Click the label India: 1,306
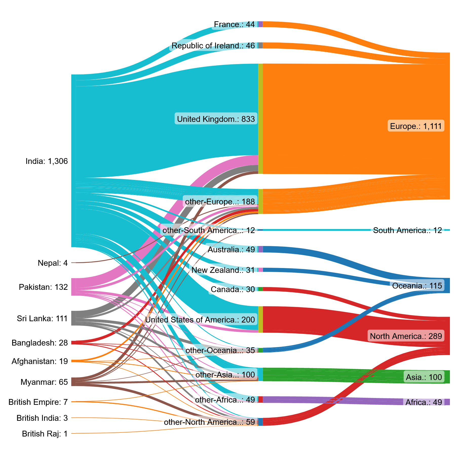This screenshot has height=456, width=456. click(47, 161)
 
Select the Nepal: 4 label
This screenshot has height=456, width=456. click(53, 263)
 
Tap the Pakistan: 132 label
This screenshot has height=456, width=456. click(43, 287)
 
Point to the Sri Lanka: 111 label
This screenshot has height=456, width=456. click(42, 318)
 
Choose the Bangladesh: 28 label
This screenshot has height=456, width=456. click(40, 343)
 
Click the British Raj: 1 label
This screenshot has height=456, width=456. click(45, 434)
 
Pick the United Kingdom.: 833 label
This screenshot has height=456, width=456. click(216, 119)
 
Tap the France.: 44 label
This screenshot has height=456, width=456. click(234, 24)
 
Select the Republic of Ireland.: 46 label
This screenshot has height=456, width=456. click(213, 46)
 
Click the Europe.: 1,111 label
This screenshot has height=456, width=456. click(416, 126)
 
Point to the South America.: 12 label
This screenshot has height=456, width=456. click(407, 230)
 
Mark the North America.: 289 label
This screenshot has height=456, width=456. click(406, 336)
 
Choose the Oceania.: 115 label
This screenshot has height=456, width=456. click(417, 286)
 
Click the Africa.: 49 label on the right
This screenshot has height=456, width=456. click(424, 402)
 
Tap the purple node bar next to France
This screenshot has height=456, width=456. click(260, 24)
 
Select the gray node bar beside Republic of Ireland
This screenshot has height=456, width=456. click(260, 45)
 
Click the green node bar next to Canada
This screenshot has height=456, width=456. click(260, 289)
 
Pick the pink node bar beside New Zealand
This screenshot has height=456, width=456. click(260, 270)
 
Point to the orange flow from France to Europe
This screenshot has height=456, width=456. click(355, 38)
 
